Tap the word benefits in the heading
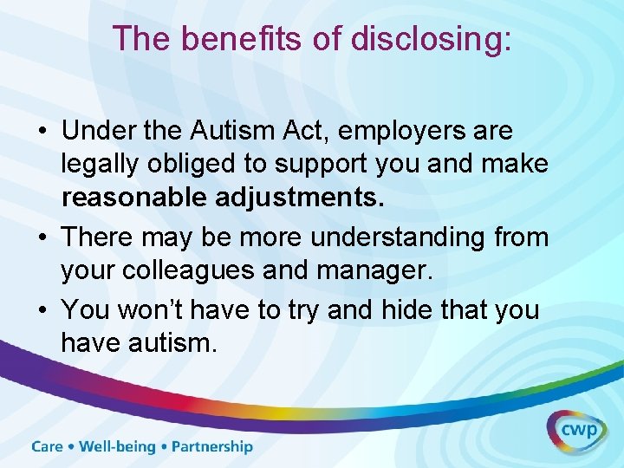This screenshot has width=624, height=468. click(221, 39)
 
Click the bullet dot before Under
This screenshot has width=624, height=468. click(42, 133)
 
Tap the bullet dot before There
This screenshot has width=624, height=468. click(42, 237)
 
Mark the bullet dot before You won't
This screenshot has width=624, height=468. click(42, 310)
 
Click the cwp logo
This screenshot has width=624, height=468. click(576, 428)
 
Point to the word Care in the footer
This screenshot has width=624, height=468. click(48, 447)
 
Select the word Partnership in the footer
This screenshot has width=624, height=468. click(212, 447)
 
